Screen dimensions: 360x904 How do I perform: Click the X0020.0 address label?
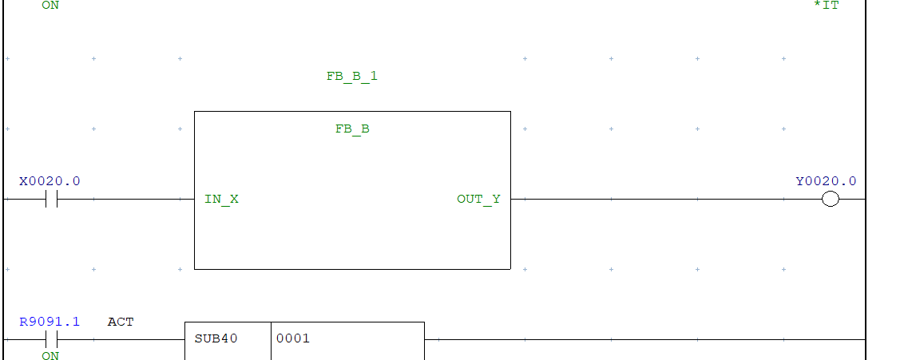[50, 181]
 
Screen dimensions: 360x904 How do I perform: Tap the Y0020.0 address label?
[826, 181]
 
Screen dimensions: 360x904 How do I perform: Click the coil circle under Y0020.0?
[831, 200]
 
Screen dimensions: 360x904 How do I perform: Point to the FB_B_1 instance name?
[351, 77]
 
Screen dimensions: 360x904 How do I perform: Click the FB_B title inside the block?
[352, 129]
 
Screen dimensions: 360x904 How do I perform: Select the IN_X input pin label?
[221, 200]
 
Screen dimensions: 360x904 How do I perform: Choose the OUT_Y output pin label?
[478, 200]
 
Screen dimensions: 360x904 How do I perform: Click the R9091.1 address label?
[50, 322]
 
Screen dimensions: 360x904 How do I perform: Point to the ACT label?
[121, 322]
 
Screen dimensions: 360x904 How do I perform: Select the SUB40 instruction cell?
[216, 338]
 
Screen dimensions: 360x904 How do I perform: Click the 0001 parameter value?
[293, 338]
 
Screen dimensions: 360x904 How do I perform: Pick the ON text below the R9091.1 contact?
[50, 355]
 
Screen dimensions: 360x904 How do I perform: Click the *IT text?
[826, 6]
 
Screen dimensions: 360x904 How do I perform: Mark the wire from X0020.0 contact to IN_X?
[128, 200]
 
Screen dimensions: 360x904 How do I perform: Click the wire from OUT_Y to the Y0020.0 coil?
[663, 200]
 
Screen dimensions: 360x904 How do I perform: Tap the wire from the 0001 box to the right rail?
[639, 339]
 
